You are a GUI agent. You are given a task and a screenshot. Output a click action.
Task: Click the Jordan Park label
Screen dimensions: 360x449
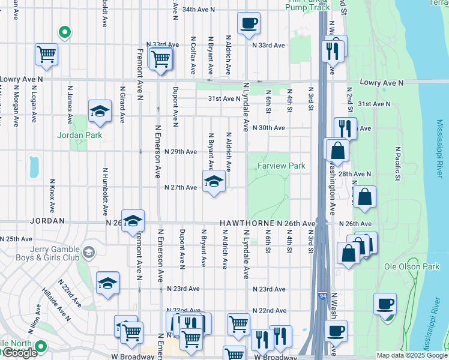(x=80, y=135)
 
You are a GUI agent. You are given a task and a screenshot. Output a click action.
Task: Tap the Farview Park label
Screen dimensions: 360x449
(x=281, y=166)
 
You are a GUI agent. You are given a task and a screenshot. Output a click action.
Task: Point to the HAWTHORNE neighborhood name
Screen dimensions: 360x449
(x=247, y=223)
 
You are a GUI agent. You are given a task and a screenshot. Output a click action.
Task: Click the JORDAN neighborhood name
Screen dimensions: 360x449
(x=46, y=221)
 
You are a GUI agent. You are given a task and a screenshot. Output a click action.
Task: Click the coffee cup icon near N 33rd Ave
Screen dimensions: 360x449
(x=248, y=25)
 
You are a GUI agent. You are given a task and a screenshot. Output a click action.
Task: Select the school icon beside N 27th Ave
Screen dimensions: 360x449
(x=214, y=182)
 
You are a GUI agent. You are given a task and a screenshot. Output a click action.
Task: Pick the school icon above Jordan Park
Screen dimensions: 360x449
(x=100, y=112)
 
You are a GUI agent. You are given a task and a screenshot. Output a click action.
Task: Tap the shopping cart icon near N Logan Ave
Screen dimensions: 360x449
(x=46, y=55)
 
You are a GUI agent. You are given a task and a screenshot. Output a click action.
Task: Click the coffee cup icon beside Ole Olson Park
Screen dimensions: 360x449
(x=384, y=304)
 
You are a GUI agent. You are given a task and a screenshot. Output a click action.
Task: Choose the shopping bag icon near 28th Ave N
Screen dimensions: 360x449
(x=364, y=197)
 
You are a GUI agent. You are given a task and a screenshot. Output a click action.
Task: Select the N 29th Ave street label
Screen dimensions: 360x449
(x=180, y=152)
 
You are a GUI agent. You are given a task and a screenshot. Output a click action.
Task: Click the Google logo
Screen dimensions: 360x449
(x=20, y=353)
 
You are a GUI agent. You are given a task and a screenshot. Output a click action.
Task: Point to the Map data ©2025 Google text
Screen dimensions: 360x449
(x=412, y=355)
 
